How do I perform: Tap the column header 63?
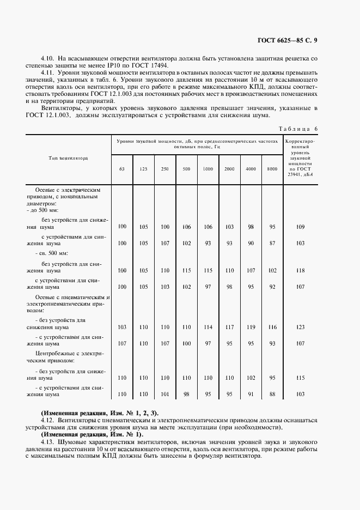122,169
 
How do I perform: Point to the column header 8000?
272,169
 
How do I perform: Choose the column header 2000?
229,169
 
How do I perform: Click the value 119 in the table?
251,327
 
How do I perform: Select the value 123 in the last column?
300,327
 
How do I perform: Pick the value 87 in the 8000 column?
272,243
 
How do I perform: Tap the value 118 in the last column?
300,270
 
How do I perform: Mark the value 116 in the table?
272,327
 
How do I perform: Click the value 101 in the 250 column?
165,394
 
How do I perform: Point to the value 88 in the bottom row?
272,394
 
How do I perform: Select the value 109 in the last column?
300,226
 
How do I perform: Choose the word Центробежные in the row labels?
56,353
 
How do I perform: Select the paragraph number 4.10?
48,57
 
